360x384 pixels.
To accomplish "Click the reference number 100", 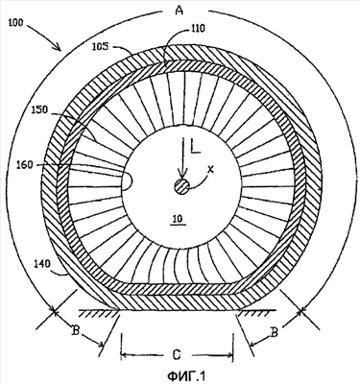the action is pyautogui.click(x=16, y=23).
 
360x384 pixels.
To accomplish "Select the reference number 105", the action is pyautogui.click(x=100, y=47).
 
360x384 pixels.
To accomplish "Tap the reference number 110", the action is pyautogui.click(x=198, y=29).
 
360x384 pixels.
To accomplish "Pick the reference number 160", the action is pyautogui.click(x=26, y=165).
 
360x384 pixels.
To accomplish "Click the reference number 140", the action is pyautogui.click(x=42, y=264).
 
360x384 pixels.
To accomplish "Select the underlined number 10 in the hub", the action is pyautogui.click(x=179, y=220).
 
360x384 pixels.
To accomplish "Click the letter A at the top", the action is pyautogui.click(x=180, y=11).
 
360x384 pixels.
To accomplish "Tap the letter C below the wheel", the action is pyautogui.click(x=177, y=354).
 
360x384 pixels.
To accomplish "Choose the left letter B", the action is pyautogui.click(x=75, y=331).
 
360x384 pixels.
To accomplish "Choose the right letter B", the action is pyautogui.click(x=274, y=333).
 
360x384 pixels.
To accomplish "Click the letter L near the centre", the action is pyautogui.click(x=195, y=147).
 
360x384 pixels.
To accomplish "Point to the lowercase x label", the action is pyautogui.click(x=210, y=170).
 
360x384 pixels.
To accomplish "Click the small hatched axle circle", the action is pyautogui.click(x=181, y=186).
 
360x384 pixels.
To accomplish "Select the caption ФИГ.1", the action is pyautogui.click(x=186, y=375).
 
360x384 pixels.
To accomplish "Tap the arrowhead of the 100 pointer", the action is pyautogui.click(x=58, y=47).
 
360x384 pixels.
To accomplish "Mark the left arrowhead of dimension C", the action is pyautogui.click(x=125, y=355).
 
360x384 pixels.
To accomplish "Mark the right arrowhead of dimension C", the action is pyautogui.click(x=228, y=355).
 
